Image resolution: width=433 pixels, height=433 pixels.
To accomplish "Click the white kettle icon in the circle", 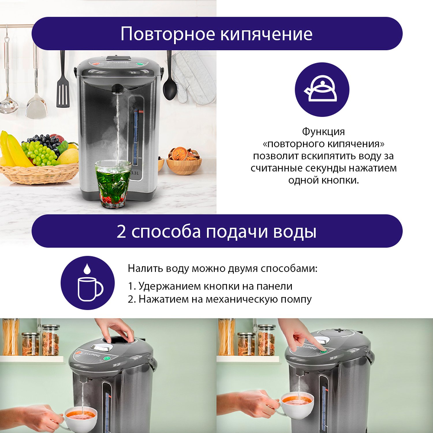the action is (321, 89).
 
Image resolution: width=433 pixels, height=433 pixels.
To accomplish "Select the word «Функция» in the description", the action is (323, 132).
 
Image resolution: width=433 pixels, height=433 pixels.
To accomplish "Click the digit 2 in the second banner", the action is (121, 232).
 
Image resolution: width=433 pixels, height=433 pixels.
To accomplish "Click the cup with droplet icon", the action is (88, 283).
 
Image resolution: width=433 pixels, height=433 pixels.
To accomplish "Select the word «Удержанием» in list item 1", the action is (169, 286).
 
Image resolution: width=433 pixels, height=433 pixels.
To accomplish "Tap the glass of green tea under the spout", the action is (113, 184).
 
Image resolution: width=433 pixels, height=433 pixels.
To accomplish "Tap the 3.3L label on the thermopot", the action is (135, 173).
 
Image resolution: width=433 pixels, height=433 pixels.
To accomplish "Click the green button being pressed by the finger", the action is (323, 351).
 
